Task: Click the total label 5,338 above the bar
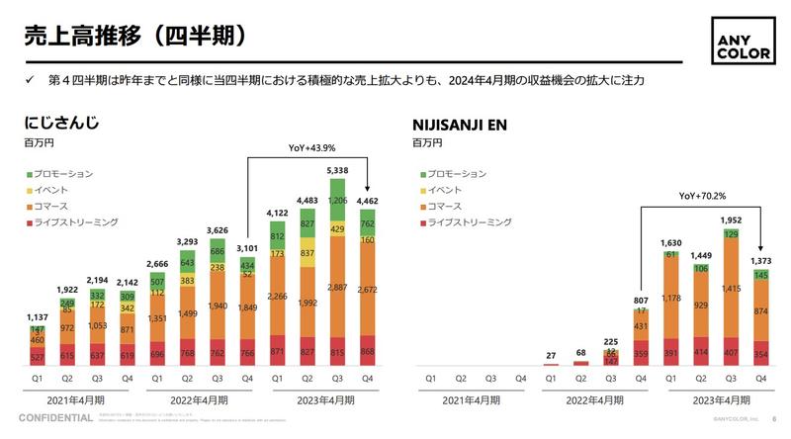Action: coord(337,171)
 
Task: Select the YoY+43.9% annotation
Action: coord(311,148)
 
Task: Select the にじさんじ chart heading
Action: coord(63,126)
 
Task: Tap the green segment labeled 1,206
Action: coord(337,200)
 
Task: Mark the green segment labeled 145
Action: coord(762,274)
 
